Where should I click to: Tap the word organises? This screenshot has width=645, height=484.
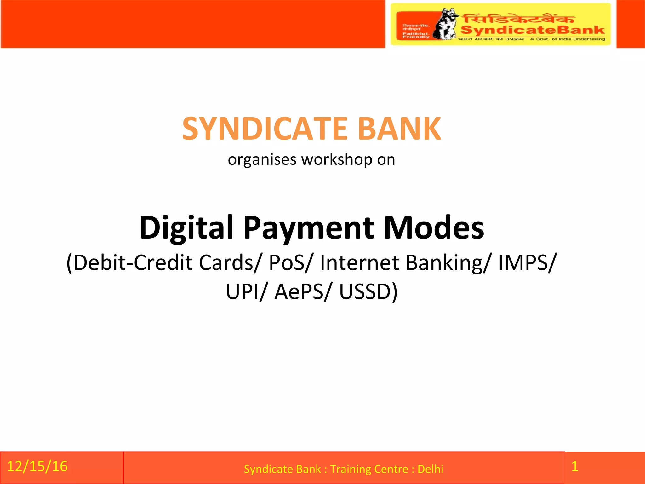262,159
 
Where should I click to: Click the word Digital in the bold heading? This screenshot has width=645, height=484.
186,228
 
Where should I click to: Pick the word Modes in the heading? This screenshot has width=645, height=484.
434,228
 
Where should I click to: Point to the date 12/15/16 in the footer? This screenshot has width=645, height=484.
37,466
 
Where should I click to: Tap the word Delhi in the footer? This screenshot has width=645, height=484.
430,469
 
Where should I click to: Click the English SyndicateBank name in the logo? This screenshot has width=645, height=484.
533,30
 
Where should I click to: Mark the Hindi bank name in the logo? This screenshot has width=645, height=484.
518,19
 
